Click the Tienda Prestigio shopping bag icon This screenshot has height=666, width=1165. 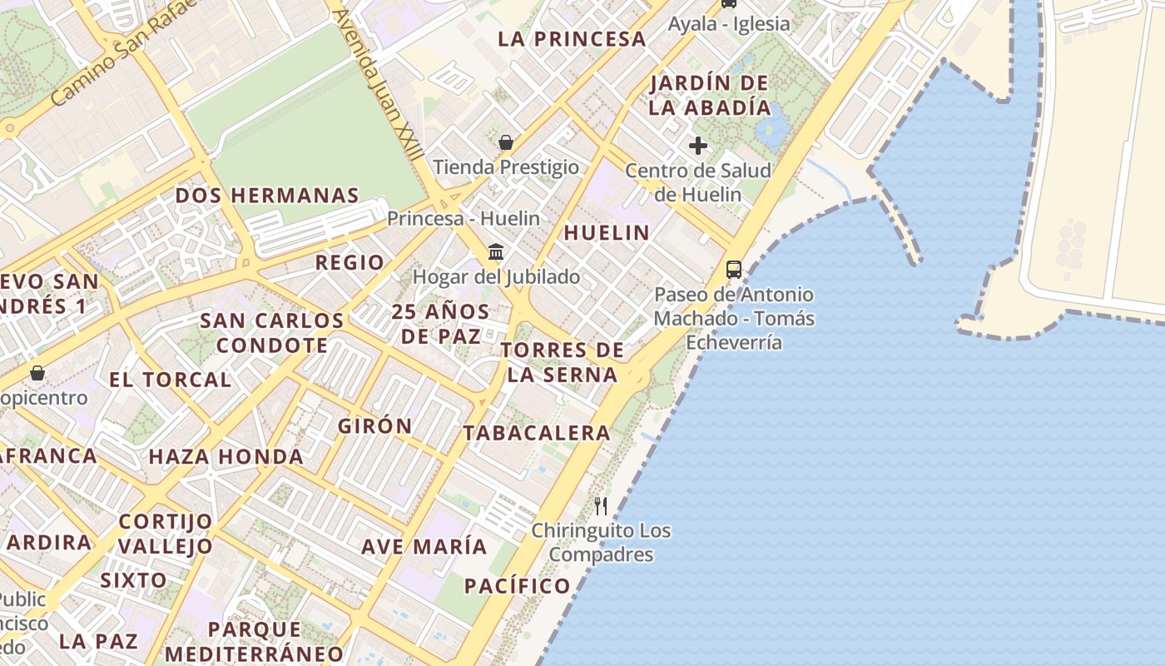point(505,142)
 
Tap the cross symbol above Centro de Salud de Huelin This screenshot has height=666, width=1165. point(698,147)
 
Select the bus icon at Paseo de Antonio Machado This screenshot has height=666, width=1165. point(733,269)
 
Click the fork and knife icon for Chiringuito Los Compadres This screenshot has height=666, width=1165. point(601,505)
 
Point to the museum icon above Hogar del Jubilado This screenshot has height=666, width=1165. point(496,251)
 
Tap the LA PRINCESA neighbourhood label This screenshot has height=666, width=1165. point(572,39)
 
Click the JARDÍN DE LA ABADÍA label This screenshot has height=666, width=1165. point(710,96)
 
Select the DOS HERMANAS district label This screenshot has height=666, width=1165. point(266,196)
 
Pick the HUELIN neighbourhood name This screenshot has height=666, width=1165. point(607,233)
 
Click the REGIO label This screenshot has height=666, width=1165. point(349,263)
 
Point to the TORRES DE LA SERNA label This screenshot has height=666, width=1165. point(562,362)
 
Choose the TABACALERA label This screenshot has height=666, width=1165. point(537,433)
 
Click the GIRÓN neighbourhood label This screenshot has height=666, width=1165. point(374,426)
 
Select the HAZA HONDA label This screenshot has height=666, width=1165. point(226,457)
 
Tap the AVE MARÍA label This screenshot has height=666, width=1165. point(424,547)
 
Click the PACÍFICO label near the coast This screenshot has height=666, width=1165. point(517,586)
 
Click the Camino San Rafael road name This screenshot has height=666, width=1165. point(125,54)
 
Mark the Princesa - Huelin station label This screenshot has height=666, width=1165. point(464,219)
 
